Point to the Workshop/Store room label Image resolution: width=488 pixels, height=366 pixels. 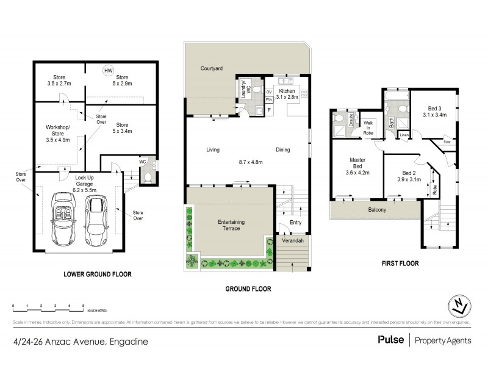point(58,132)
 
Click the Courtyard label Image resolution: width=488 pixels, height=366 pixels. point(210,69)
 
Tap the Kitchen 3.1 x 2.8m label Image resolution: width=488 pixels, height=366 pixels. point(287,93)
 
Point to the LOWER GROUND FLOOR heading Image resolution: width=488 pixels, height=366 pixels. point(97,274)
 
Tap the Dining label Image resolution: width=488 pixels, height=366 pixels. point(282,149)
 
